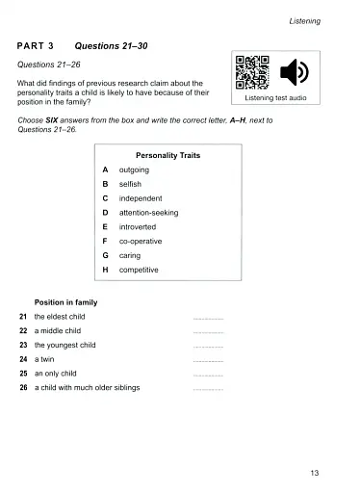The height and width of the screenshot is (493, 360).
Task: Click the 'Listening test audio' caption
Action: coord(274,98)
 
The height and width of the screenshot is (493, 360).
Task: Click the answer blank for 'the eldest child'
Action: coord(208,317)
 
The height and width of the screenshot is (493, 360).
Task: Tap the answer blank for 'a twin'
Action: coord(208,359)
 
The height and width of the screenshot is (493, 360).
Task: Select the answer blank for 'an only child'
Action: coord(208,374)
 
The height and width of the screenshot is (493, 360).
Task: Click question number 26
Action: coord(23,388)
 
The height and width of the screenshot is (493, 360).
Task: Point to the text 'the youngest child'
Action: coord(64,345)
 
